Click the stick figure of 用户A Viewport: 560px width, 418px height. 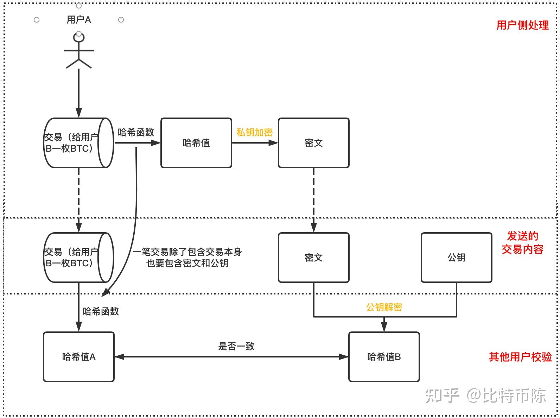78,51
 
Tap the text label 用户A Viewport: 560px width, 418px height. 79,20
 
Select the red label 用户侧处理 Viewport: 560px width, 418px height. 522,25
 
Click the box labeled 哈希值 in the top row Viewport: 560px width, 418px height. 196,143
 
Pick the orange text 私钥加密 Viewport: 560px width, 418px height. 254,133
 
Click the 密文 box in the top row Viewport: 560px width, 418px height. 313,143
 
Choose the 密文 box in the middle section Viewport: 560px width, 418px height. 313,258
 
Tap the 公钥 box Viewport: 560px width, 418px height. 456,258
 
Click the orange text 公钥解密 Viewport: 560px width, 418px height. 384,307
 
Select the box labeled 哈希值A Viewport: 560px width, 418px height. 79,357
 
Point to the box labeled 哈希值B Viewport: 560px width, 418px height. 384,357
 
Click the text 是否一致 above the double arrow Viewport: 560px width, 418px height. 236,346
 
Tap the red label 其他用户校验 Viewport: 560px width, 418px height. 520,357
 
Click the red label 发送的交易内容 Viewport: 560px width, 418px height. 522,243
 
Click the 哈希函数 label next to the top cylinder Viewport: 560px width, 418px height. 136,133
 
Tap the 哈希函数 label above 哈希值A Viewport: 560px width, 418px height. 101,311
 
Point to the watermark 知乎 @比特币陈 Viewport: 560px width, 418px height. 485,395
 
